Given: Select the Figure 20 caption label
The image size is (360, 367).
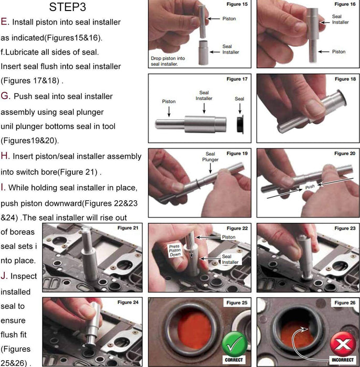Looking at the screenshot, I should (345, 154).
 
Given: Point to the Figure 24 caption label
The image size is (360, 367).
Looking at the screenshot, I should (128, 303).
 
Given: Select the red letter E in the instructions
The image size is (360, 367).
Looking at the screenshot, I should (4, 22).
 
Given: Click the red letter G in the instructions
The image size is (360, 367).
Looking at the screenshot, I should (5, 96).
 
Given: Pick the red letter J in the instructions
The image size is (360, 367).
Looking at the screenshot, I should (4, 275).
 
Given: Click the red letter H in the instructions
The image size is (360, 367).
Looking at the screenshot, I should (5, 156).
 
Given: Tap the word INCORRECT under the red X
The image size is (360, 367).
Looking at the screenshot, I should (342, 360).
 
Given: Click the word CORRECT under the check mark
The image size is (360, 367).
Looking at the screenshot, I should (233, 360).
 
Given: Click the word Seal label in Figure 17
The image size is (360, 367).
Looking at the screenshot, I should (239, 99).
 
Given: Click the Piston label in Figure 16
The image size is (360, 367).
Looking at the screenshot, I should (338, 51).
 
